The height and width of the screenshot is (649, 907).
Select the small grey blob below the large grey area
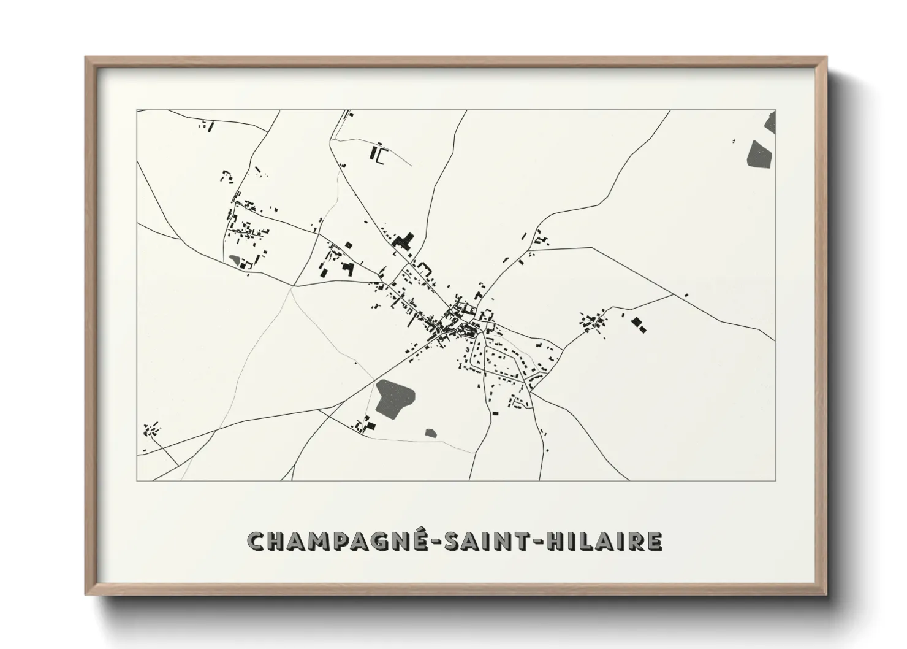[431, 433]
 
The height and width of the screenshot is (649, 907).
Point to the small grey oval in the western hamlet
[235, 260]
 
